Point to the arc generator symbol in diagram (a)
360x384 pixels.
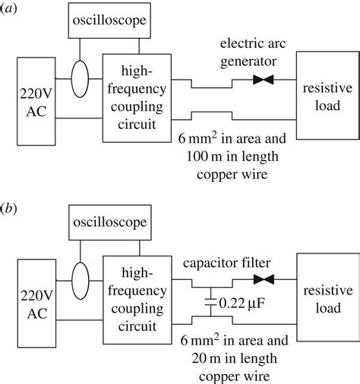[x=264, y=79]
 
